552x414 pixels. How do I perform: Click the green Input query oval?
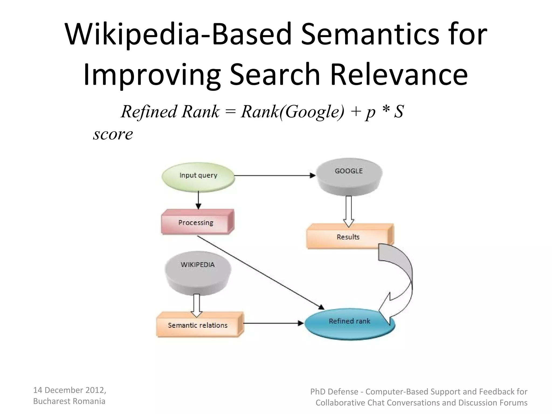(x=198, y=175)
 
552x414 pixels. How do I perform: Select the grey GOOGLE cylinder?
(x=349, y=175)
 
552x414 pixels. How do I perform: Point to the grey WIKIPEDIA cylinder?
(x=198, y=272)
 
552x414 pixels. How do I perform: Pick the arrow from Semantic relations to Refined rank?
(x=273, y=323)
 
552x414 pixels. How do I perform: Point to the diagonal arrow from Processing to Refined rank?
(x=260, y=272)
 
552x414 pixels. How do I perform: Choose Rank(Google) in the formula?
(x=293, y=111)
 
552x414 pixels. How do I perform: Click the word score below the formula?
(x=113, y=134)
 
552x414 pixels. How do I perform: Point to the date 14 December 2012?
(x=69, y=390)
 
